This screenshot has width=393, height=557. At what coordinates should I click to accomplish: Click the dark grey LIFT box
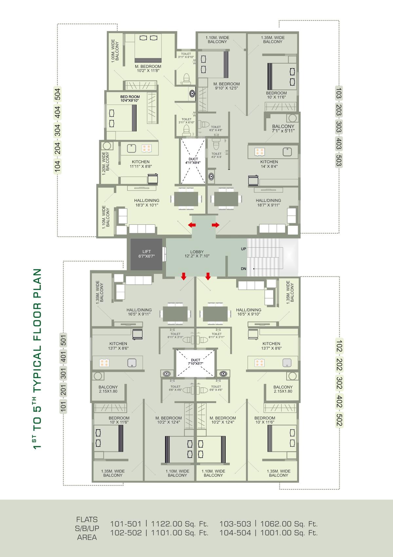146,254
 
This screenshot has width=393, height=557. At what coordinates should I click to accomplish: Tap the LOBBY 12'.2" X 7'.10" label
197,254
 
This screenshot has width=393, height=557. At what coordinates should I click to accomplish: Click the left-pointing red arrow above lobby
192,225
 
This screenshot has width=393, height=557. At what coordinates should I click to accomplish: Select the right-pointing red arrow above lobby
215,225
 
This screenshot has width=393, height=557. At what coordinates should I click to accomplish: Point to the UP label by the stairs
243,249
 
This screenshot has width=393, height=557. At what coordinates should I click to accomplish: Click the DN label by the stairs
243,269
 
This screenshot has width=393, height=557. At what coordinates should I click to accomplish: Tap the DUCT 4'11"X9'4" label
193,161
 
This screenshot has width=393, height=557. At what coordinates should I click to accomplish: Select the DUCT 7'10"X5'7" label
196,362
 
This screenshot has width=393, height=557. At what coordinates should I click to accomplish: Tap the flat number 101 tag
64,406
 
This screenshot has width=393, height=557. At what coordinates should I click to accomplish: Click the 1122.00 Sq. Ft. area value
179,524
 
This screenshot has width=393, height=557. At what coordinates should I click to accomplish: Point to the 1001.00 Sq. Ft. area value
289,533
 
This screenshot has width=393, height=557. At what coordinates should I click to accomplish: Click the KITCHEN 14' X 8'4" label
269,164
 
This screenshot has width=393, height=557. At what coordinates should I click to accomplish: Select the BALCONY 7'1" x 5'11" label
283,128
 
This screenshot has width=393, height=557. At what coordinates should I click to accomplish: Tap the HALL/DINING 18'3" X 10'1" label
147,203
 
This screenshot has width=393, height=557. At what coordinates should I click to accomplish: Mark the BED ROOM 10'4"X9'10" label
130,99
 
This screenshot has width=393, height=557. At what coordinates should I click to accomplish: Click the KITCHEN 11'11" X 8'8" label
141,164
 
